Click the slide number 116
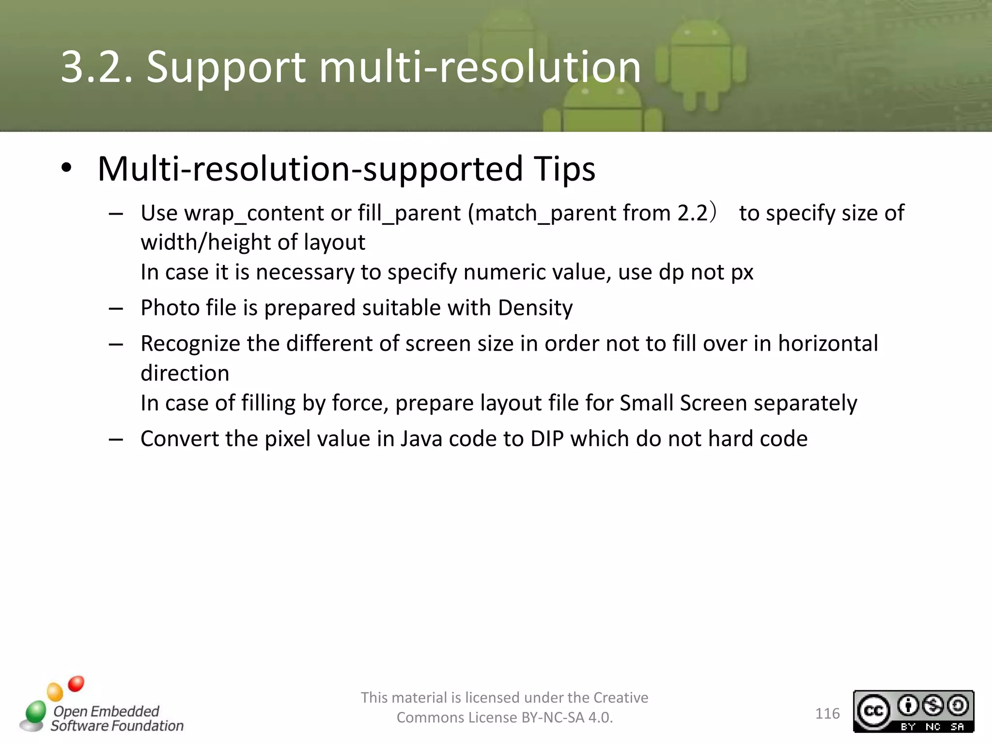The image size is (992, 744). (827, 713)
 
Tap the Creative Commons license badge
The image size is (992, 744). (913, 711)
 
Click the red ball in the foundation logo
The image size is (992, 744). (76, 684)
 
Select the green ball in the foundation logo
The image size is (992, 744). (36, 712)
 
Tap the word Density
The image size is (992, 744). (535, 308)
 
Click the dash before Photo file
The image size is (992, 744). (116, 309)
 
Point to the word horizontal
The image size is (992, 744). (828, 343)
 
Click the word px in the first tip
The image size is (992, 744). (742, 273)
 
